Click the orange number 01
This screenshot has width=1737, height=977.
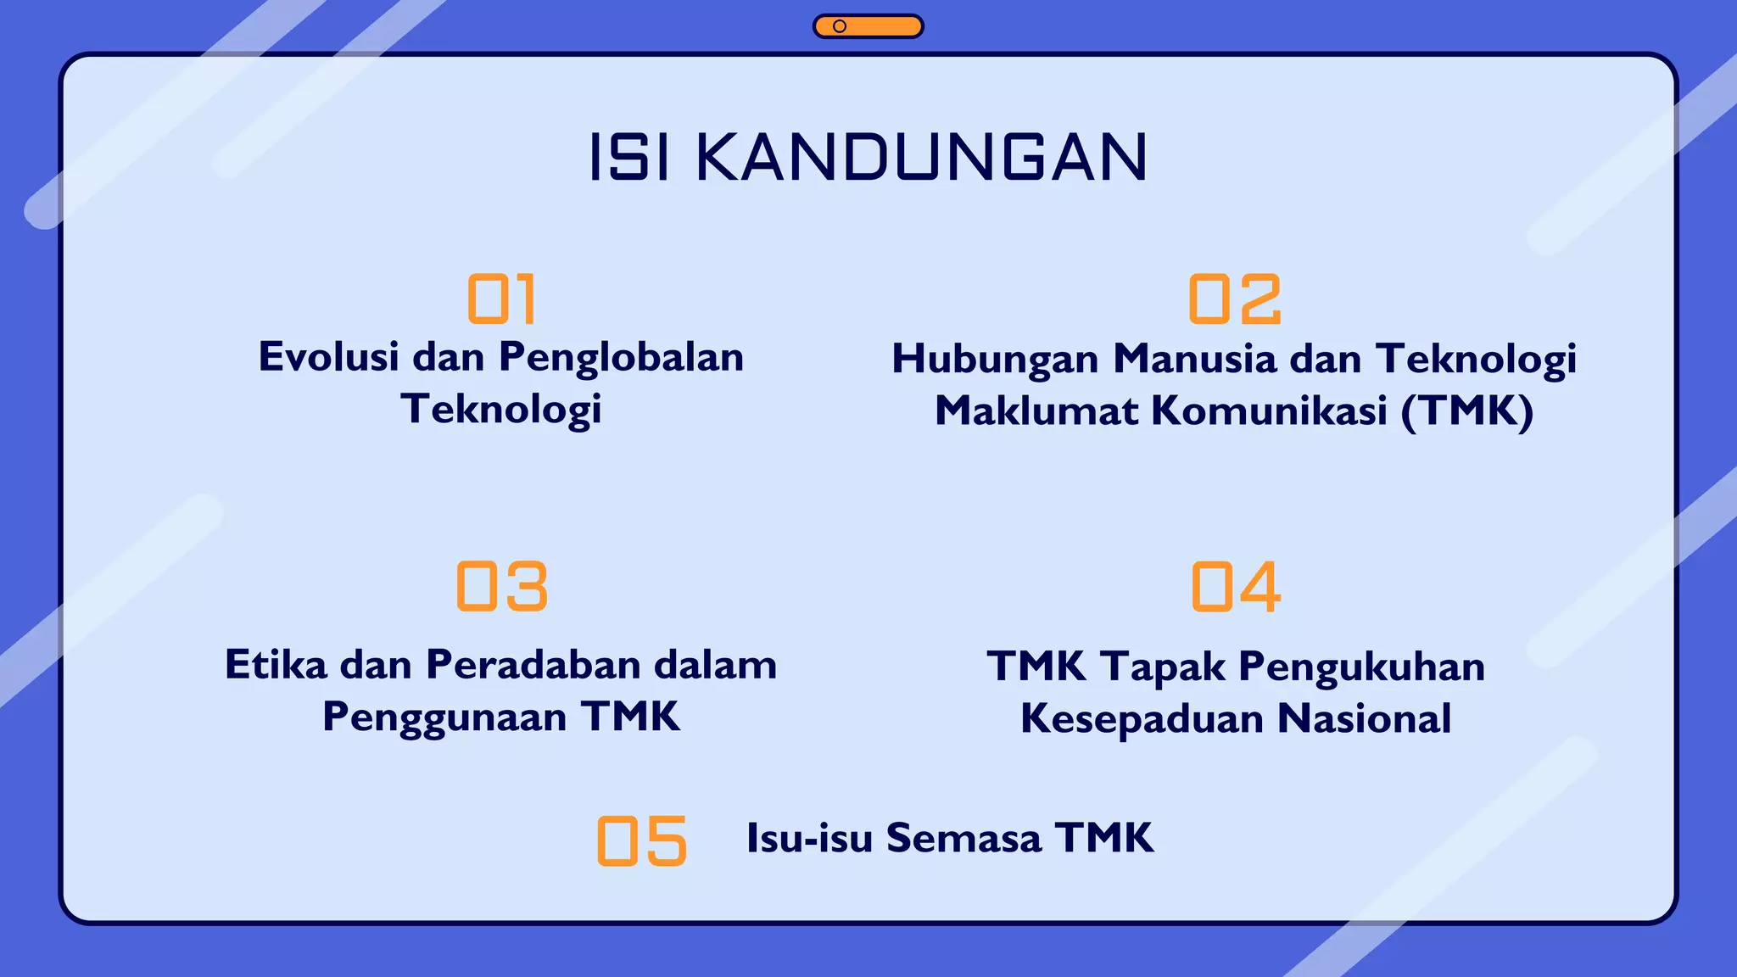501,299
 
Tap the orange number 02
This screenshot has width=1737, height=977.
1234,299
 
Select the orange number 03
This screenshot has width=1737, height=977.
502,586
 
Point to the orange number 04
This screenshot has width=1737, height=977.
1236,586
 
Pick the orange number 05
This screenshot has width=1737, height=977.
641,840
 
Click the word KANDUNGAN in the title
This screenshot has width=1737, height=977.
921,158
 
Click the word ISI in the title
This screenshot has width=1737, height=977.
628,158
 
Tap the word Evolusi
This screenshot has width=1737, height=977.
328,357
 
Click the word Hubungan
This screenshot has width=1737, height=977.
995,360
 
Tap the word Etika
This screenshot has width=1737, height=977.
276,665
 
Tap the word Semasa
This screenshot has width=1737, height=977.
963,838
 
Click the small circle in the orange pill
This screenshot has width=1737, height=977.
840,26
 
